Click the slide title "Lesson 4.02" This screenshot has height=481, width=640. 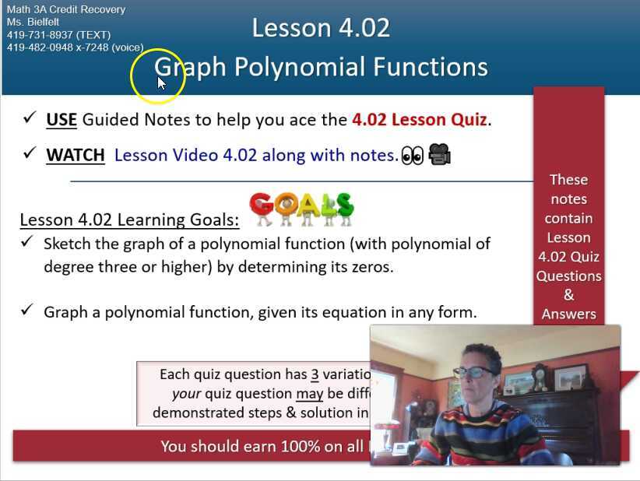(321, 28)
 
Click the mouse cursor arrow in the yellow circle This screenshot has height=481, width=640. (161, 83)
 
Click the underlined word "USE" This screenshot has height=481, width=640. (62, 119)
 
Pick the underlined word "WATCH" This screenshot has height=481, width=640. (76, 155)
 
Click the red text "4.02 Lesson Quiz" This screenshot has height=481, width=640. (420, 119)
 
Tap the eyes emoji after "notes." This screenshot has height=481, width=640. (412, 156)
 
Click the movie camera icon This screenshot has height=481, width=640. (439, 154)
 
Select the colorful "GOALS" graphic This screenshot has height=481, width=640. (301, 209)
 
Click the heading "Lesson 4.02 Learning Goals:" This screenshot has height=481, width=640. (129, 219)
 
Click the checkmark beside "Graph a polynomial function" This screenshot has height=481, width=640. (27, 311)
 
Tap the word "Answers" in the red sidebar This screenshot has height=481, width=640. (569, 314)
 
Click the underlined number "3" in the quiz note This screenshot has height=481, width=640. (315, 374)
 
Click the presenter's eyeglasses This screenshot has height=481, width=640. (473, 372)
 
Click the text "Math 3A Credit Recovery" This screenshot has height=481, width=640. (65, 10)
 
